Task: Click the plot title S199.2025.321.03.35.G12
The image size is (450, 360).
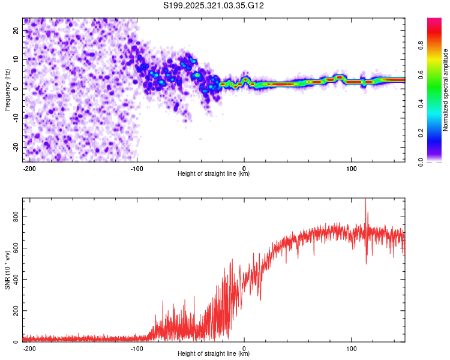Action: [214, 5]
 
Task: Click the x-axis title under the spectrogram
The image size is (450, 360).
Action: [214, 174]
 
